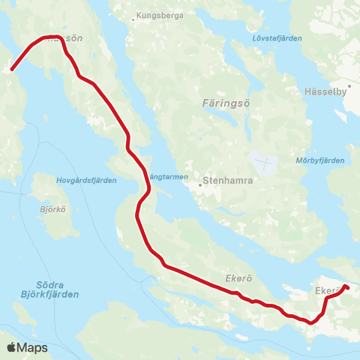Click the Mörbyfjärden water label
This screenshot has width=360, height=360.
pyautogui.click(x=325, y=160)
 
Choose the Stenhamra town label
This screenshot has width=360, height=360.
pyautogui.click(x=226, y=181)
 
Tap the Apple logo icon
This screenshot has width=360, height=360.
pyautogui.click(x=11, y=347)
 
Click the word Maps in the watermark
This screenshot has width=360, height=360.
pyautogui.click(x=32, y=347)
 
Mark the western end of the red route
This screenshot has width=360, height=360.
pyautogui.click(x=11, y=70)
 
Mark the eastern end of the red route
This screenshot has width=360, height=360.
pyautogui.click(x=347, y=286)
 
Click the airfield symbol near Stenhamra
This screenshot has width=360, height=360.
pyautogui.click(x=266, y=161)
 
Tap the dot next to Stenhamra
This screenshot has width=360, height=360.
pyautogui.click(x=201, y=181)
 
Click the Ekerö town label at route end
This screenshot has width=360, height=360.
pyautogui.click(x=327, y=289)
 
